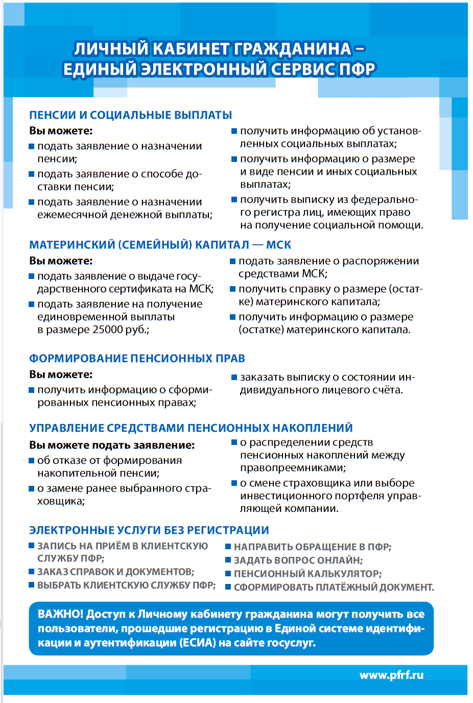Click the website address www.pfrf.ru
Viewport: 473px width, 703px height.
pos(391,675)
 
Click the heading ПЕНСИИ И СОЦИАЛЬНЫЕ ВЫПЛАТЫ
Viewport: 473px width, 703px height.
pos(130,115)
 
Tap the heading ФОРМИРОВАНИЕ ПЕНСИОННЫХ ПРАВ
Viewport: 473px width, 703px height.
pos(137,358)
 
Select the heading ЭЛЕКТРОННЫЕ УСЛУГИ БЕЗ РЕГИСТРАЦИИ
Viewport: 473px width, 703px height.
pos(149,530)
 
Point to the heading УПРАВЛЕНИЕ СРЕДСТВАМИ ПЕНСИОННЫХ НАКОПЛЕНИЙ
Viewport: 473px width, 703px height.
pos(191,428)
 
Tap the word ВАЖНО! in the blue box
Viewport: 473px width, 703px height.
pos(60,614)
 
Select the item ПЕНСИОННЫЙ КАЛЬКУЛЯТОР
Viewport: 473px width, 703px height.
pos(308,573)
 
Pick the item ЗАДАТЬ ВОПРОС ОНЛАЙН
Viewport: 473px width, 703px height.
pos(298,560)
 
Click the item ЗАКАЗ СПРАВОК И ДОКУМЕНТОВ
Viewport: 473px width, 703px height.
pos(115,572)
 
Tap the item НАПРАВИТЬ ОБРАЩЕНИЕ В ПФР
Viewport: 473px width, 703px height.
pos(313,547)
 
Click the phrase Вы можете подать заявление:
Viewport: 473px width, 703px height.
pos(112,445)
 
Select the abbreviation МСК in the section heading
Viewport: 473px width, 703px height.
pos(278,245)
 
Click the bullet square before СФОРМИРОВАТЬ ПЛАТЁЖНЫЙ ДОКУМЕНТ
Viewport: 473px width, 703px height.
pos(228,587)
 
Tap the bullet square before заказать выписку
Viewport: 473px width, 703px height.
pos(234,377)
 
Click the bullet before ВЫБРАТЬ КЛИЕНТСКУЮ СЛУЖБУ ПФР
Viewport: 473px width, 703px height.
pos(32,585)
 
